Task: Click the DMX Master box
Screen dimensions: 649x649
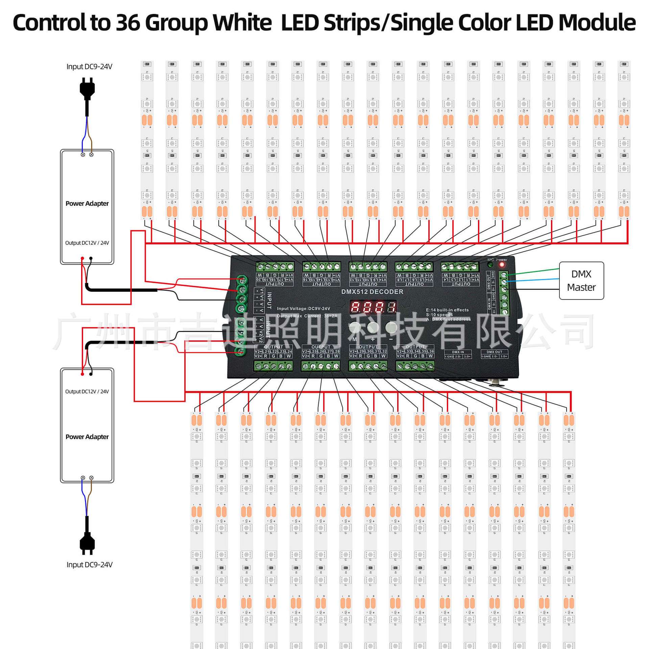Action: pos(581,281)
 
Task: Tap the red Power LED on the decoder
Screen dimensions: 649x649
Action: pos(502,264)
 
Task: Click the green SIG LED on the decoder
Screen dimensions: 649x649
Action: pos(490,264)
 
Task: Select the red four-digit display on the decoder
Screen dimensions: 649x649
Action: pos(373,307)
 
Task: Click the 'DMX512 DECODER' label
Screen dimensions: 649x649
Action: pos(372,292)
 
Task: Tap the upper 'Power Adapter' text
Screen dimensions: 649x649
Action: pos(87,203)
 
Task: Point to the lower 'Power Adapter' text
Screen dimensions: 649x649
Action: pos(87,437)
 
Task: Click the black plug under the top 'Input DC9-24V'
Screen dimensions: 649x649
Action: pos(87,89)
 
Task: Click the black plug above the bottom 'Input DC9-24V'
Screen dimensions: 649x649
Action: pos(87,544)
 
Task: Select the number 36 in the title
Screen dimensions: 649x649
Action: pos(128,23)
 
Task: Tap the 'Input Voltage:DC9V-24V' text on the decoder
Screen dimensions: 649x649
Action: pos(303,309)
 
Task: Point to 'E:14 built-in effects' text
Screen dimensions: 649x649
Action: pos(447,310)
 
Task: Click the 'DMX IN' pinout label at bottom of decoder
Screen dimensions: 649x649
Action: pos(458,352)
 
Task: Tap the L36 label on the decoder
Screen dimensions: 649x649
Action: pos(430,352)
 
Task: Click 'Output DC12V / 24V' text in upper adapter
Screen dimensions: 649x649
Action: pos(87,243)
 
